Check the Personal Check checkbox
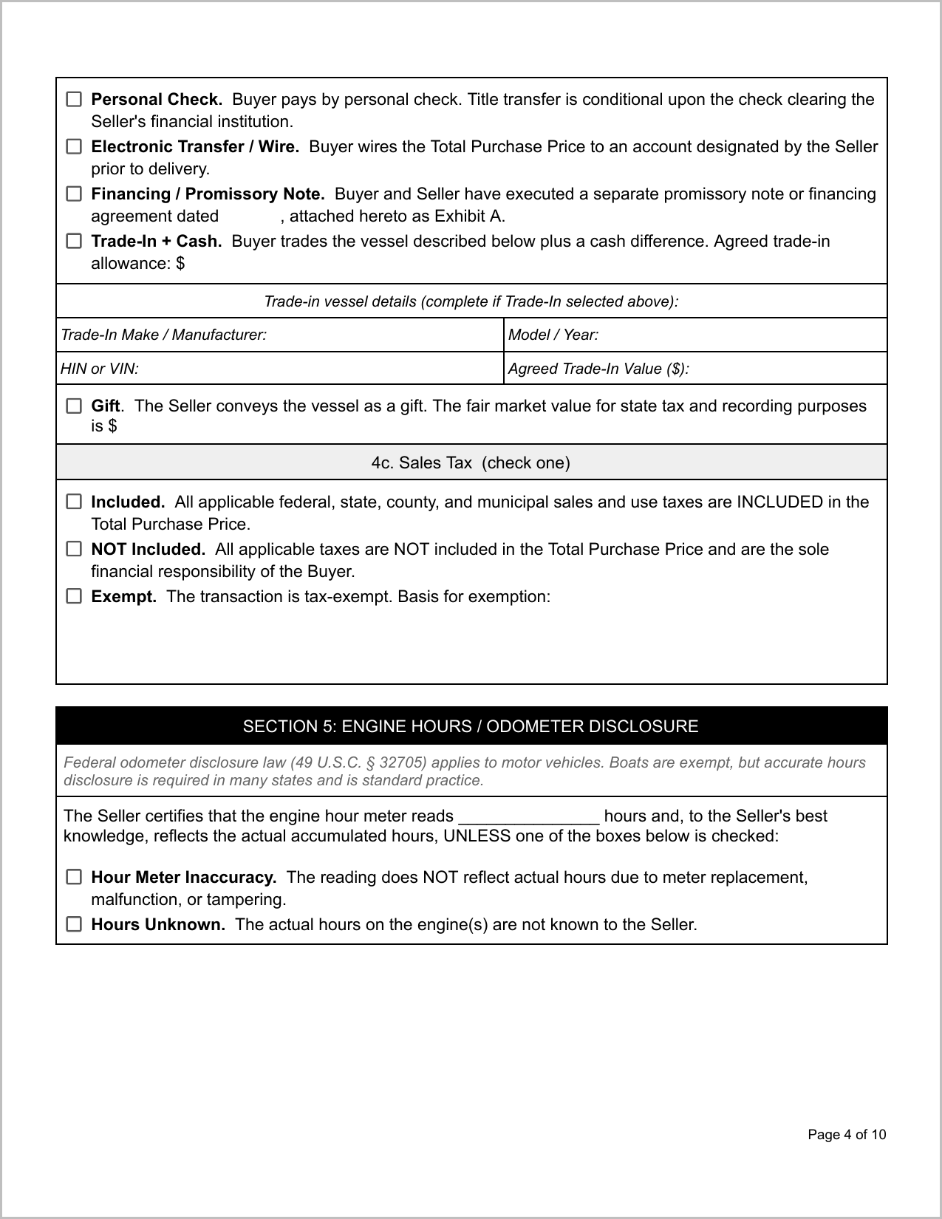(x=74, y=99)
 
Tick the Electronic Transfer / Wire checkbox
(x=74, y=146)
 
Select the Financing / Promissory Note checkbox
(x=74, y=194)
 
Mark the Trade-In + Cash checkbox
(x=74, y=241)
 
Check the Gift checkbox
(x=74, y=406)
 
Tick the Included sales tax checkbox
(x=74, y=502)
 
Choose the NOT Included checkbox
(x=74, y=549)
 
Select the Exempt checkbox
(x=74, y=596)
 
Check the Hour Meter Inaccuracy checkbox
(x=74, y=877)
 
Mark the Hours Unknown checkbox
(x=74, y=924)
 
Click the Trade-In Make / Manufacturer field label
(x=163, y=335)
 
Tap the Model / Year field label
(x=553, y=335)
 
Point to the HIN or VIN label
(x=100, y=369)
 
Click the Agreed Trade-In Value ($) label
(x=598, y=369)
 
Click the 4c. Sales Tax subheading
(x=471, y=463)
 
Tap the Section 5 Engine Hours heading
(x=471, y=726)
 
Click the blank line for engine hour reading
(x=528, y=817)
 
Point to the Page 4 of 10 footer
(x=847, y=1135)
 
